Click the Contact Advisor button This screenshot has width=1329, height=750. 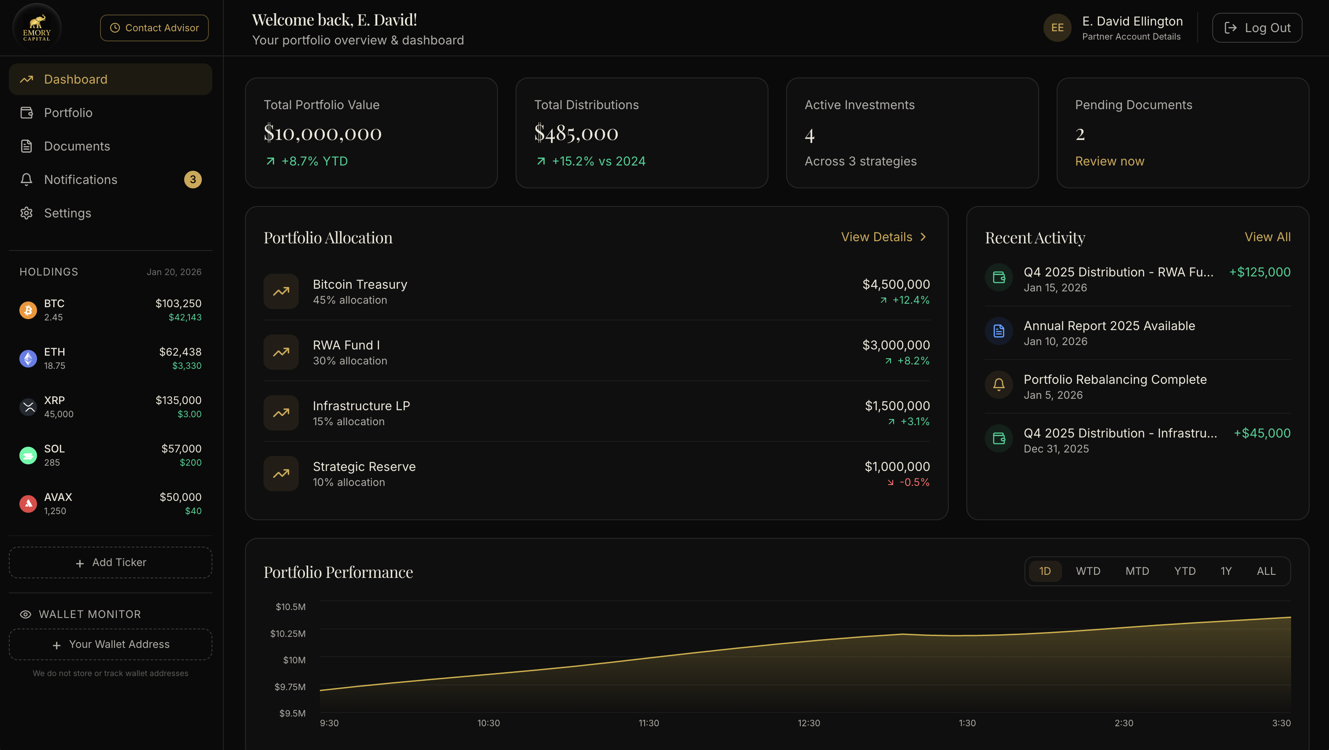[x=154, y=28]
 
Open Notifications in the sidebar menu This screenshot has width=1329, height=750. [x=81, y=180]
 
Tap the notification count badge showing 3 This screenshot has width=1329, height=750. [x=193, y=180]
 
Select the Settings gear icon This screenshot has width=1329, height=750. [x=26, y=213]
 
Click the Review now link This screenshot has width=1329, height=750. [x=1109, y=162]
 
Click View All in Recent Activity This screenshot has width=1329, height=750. [x=1267, y=237]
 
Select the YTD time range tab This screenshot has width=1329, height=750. [x=1184, y=571]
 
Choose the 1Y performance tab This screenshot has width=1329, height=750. [x=1226, y=571]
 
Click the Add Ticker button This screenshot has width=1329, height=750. [x=111, y=562]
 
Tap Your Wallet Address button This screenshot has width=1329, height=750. [x=111, y=644]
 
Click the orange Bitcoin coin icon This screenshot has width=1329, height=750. [x=28, y=310]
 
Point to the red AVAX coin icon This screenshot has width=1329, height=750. [x=28, y=504]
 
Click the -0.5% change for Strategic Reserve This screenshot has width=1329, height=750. [x=914, y=482]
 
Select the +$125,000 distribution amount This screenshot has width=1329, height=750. [x=1259, y=272]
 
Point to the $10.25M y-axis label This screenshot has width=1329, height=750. [x=287, y=633]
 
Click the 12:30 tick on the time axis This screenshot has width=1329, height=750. [x=809, y=723]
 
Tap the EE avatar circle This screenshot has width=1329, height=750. [x=1057, y=28]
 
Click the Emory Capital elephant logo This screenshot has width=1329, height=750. [x=37, y=27]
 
